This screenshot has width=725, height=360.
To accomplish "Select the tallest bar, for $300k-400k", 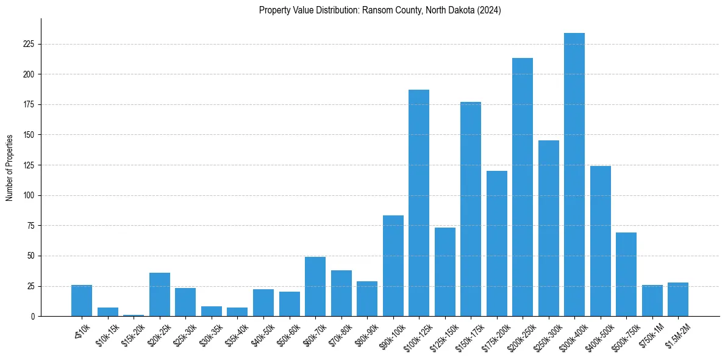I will (574, 175).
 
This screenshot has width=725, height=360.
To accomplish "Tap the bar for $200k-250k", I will (523, 187).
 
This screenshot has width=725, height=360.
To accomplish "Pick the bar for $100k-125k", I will (419, 203).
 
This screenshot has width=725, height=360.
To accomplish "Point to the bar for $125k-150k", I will (445, 272).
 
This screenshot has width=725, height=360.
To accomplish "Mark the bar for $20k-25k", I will (160, 294).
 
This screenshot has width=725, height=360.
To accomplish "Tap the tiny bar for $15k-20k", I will (134, 315).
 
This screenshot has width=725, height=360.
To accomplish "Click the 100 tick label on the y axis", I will (33, 196).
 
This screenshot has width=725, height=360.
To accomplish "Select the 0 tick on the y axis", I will (37, 317).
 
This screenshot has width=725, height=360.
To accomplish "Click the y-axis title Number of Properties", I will (10, 168).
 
